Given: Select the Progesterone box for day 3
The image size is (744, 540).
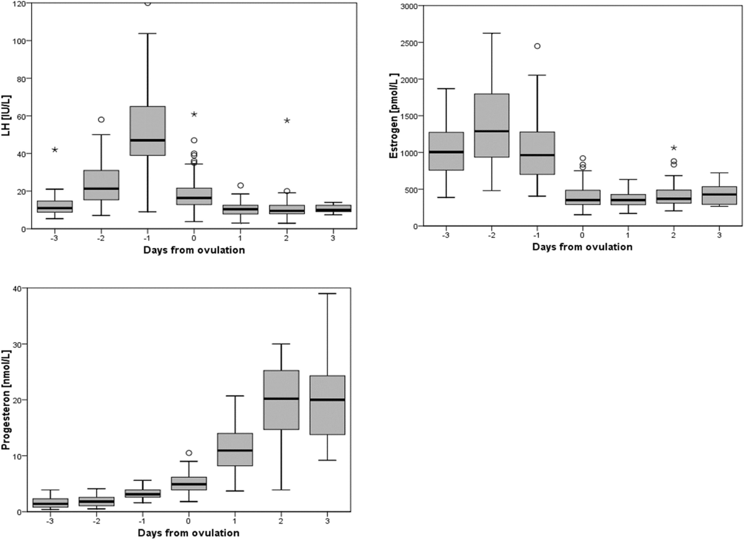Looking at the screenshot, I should coord(327,413).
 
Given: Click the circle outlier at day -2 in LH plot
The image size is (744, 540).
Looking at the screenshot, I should coord(101,120).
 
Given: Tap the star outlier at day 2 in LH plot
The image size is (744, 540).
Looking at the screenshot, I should coord(286,121).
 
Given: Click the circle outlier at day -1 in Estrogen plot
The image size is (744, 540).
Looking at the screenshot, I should coord(537,46).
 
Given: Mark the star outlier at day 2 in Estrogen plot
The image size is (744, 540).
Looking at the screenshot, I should coord(673,148).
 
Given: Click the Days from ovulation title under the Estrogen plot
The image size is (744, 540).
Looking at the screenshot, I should coord(582,247).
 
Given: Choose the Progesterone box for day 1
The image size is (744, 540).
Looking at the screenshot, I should coord(235,449).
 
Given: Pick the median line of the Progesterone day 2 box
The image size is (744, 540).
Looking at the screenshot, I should coord(281,399).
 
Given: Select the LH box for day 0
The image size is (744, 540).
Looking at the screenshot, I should coord(194,197).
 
